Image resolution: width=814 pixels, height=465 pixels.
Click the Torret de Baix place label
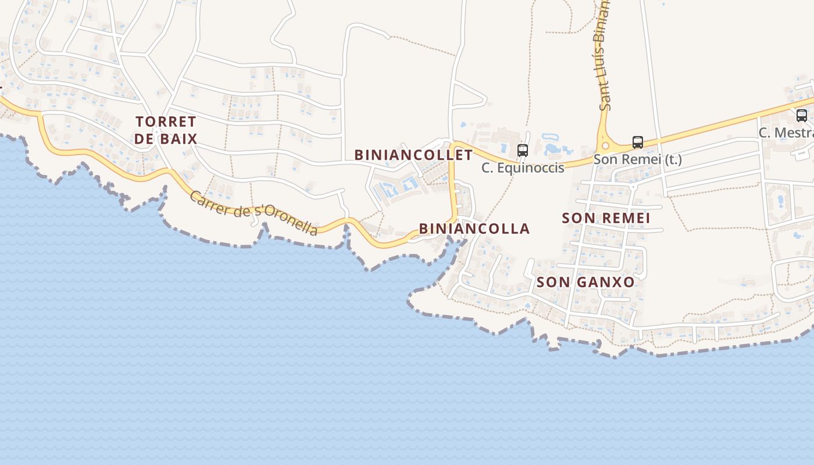pyautogui.click(x=166, y=130)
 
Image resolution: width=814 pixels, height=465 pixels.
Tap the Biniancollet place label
pyautogui.click(x=413, y=155)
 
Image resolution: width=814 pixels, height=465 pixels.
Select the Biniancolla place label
pyautogui.click(x=474, y=228)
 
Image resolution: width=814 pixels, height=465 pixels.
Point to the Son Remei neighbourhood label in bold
pyautogui.click(x=606, y=218)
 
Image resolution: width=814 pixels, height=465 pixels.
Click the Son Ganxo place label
pyautogui.click(x=585, y=282)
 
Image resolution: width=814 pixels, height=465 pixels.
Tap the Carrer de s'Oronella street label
pyautogui.click(x=254, y=213)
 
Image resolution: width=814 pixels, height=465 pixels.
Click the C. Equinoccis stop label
pyautogui.click(x=523, y=168)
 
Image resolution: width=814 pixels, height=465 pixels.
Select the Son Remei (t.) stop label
pyautogui.click(x=637, y=159)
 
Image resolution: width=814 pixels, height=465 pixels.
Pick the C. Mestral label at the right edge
pyautogui.click(x=786, y=133)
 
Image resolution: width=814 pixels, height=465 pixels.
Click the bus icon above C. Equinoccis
pyautogui.click(x=523, y=151)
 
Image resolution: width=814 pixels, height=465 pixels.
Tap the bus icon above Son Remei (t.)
pyautogui.click(x=638, y=142)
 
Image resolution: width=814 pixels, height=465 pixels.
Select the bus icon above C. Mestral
pyautogui.click(x=802, y=116)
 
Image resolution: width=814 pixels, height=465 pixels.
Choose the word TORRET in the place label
pyautogui.click(x=166, y=121)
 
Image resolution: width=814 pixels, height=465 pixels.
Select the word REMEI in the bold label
pyautogui.click(x=626, y=218)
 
